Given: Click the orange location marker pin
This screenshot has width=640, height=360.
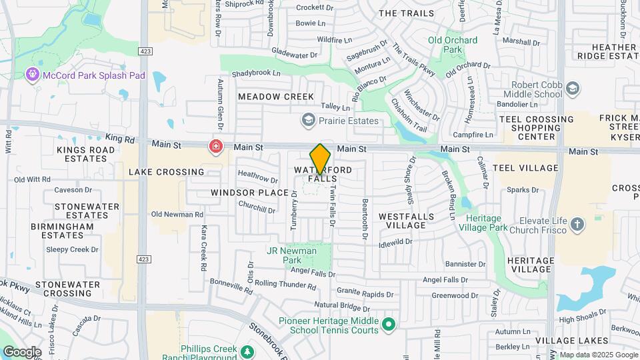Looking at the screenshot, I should [320, 159].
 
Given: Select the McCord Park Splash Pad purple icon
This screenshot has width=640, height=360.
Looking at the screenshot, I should [32, 75].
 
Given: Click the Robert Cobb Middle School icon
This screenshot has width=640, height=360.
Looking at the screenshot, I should [572, 89].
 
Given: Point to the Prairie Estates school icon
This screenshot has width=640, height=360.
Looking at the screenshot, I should [308, 121].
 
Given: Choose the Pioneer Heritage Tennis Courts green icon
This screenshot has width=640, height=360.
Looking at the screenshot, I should [390, 325].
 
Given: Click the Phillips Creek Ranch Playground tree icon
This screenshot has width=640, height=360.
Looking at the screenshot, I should [247, 351].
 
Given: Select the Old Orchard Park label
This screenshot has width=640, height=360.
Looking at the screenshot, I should [453, 45].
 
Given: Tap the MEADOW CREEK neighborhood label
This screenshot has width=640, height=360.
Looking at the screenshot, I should [275, 97].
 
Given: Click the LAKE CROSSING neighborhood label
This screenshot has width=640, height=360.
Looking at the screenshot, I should [166, 172].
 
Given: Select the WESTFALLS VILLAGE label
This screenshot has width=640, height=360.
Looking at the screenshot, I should [406, 221].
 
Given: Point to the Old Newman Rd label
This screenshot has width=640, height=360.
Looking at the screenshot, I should [177, 215].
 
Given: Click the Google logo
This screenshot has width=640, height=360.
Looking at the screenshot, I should [23, 351].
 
